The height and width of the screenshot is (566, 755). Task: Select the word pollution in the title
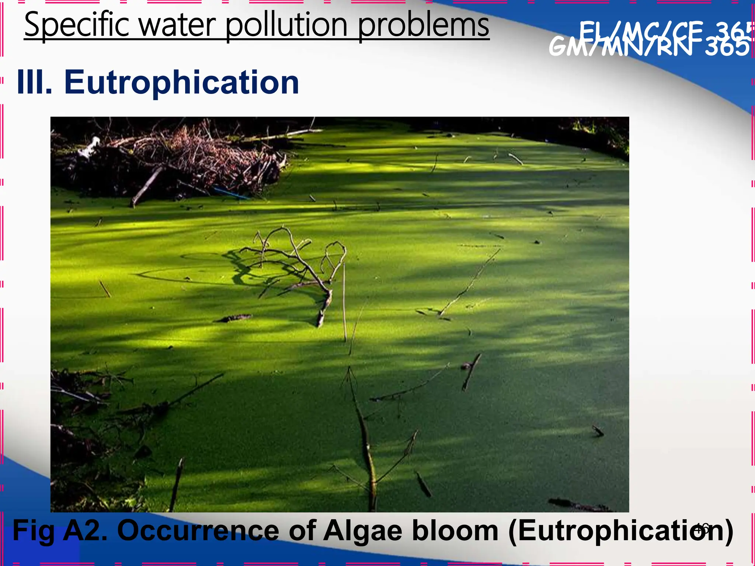point(286,25)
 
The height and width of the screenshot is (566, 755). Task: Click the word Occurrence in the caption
point(198,531)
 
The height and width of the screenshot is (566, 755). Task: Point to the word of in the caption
point(302,531)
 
